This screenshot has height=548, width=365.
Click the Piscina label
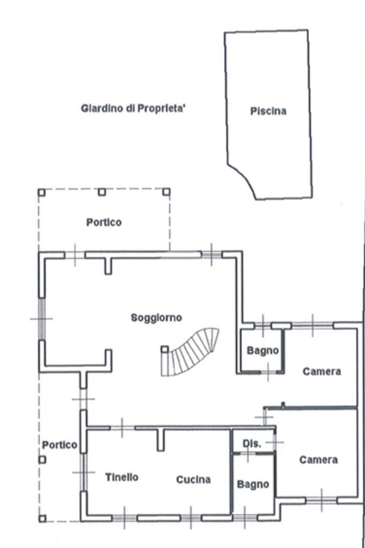(268, 111)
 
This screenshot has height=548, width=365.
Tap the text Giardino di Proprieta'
(133, 109)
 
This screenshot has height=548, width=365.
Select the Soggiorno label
(156, 318)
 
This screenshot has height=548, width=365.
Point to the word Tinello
(122, 477)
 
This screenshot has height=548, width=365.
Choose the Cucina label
(193, 480)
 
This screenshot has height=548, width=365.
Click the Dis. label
(252, 444)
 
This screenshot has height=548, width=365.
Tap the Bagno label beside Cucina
(253, 484)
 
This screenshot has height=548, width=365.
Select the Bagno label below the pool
(262, 351)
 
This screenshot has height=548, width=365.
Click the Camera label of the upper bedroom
(322, 371)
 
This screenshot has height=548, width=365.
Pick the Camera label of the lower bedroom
(319, 460)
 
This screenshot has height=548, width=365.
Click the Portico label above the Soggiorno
(104, 222)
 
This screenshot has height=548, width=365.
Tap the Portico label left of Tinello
(59, 445)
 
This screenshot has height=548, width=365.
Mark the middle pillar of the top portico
(102, 192)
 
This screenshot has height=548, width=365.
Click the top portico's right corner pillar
(167, 192)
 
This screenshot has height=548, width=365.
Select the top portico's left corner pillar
(42, 192)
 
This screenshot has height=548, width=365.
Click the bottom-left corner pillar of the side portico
(42, 519)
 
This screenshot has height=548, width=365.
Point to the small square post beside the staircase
(165, 349)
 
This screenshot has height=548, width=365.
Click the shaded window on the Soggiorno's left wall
(42, 319)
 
